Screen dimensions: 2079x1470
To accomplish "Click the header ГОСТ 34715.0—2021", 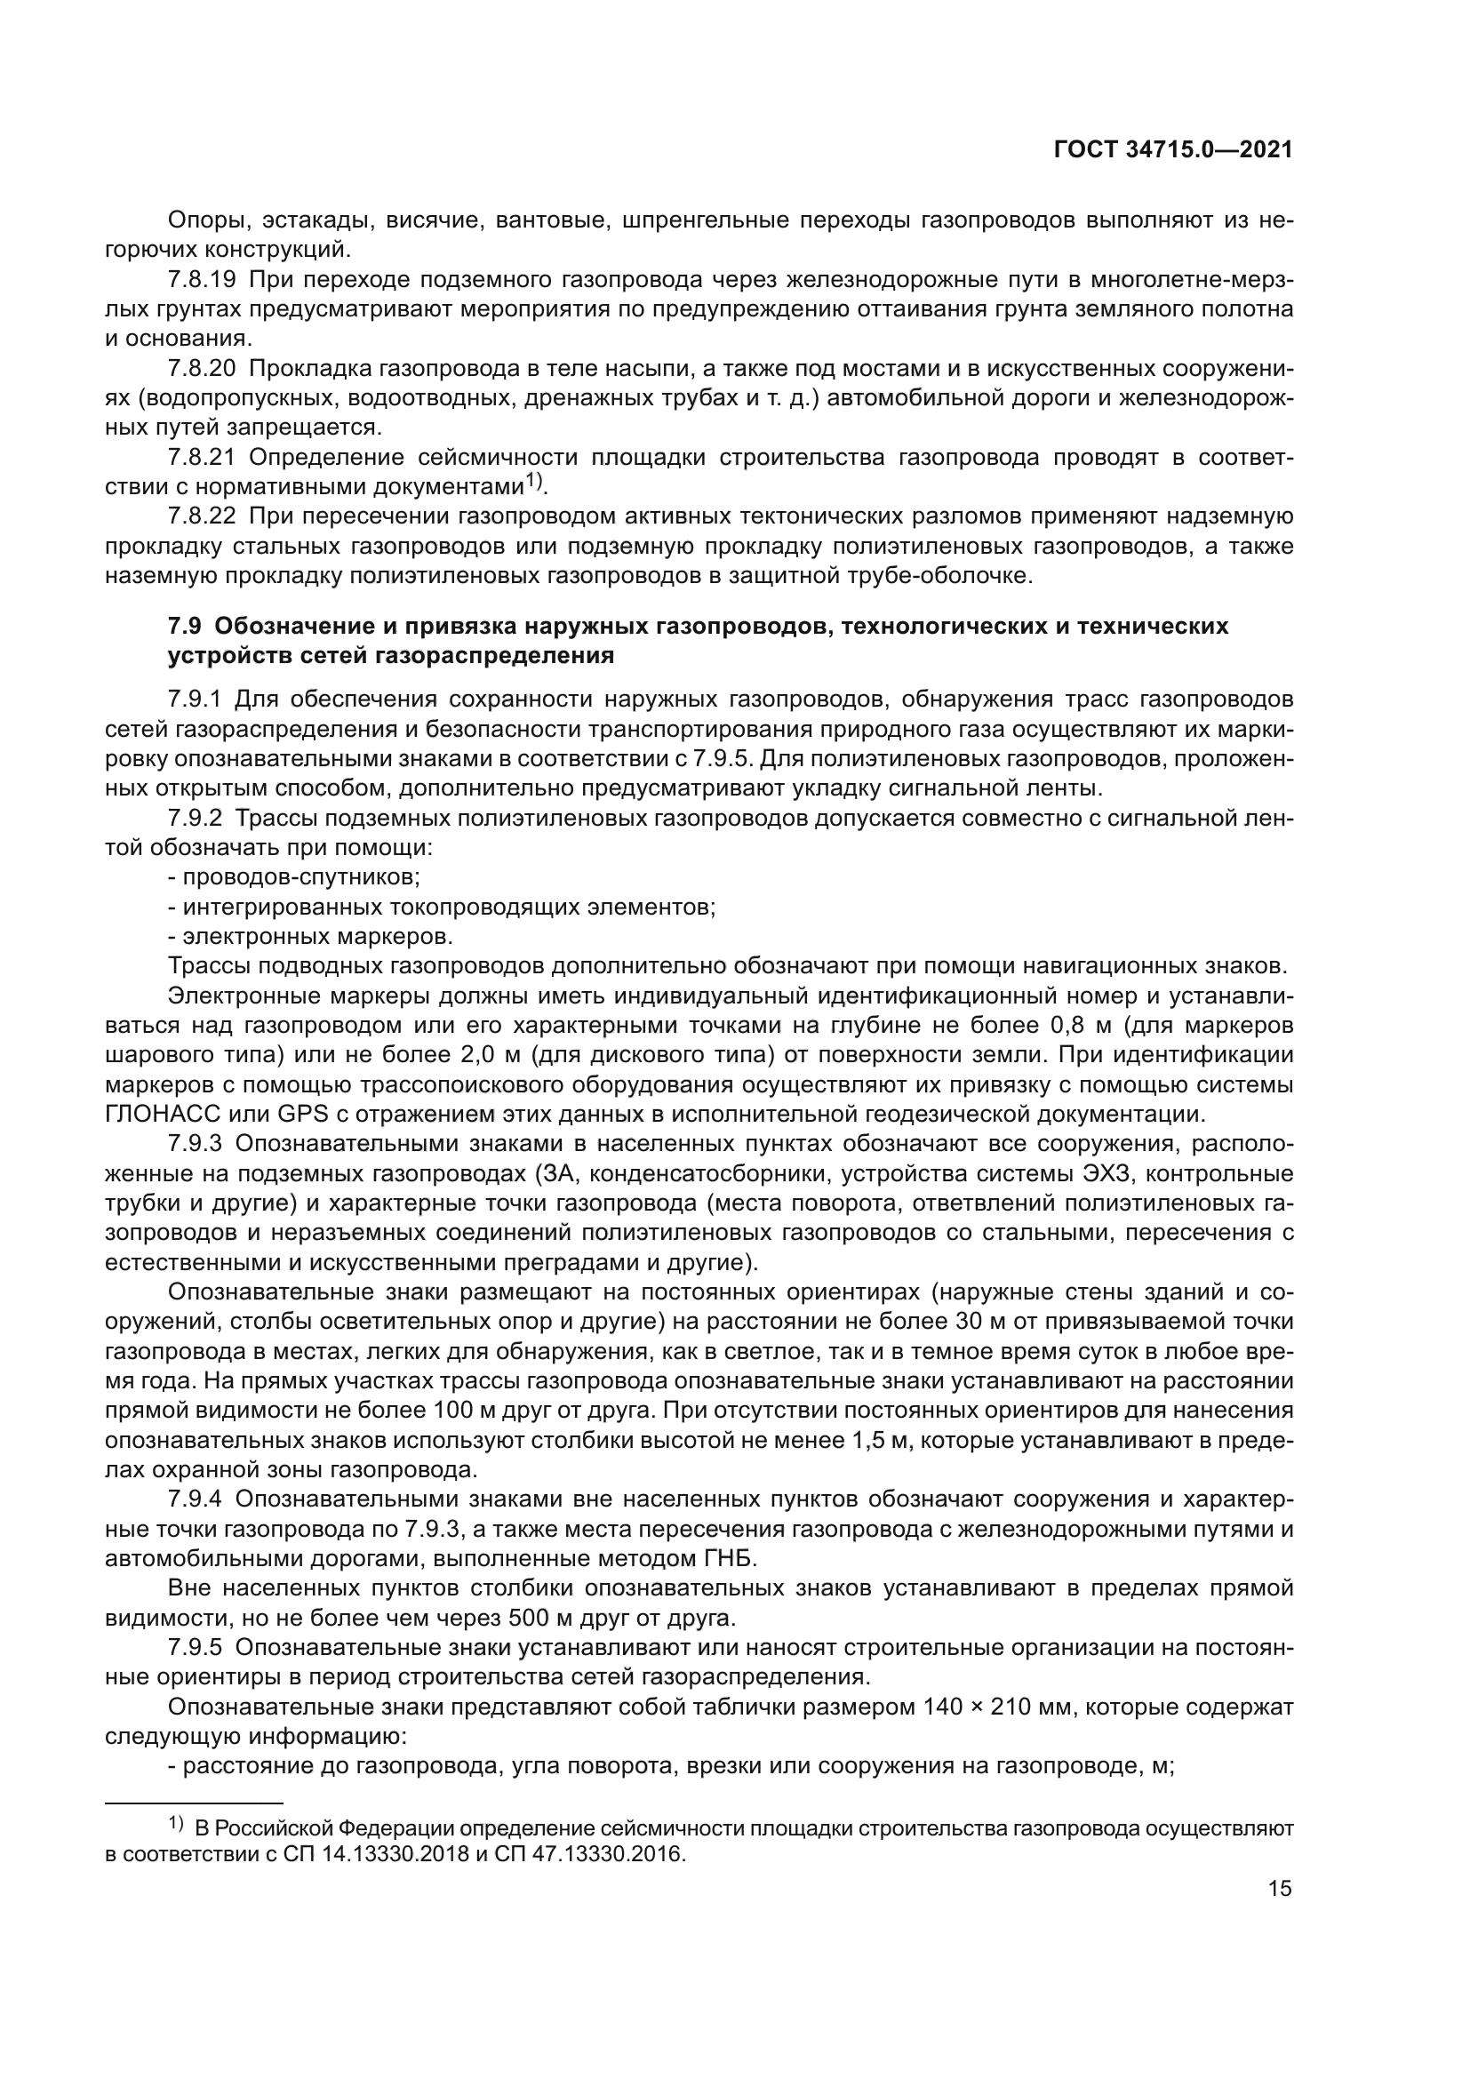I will click(1173, 150).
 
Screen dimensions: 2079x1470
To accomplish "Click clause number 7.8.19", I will click(201, 279).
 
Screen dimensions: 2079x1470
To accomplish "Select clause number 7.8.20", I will click(201, 369).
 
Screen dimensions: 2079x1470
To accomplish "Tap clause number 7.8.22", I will click(201, 516).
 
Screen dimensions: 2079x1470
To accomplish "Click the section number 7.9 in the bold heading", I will click(185, 626).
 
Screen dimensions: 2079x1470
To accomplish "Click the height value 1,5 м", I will click(880, 1441).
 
